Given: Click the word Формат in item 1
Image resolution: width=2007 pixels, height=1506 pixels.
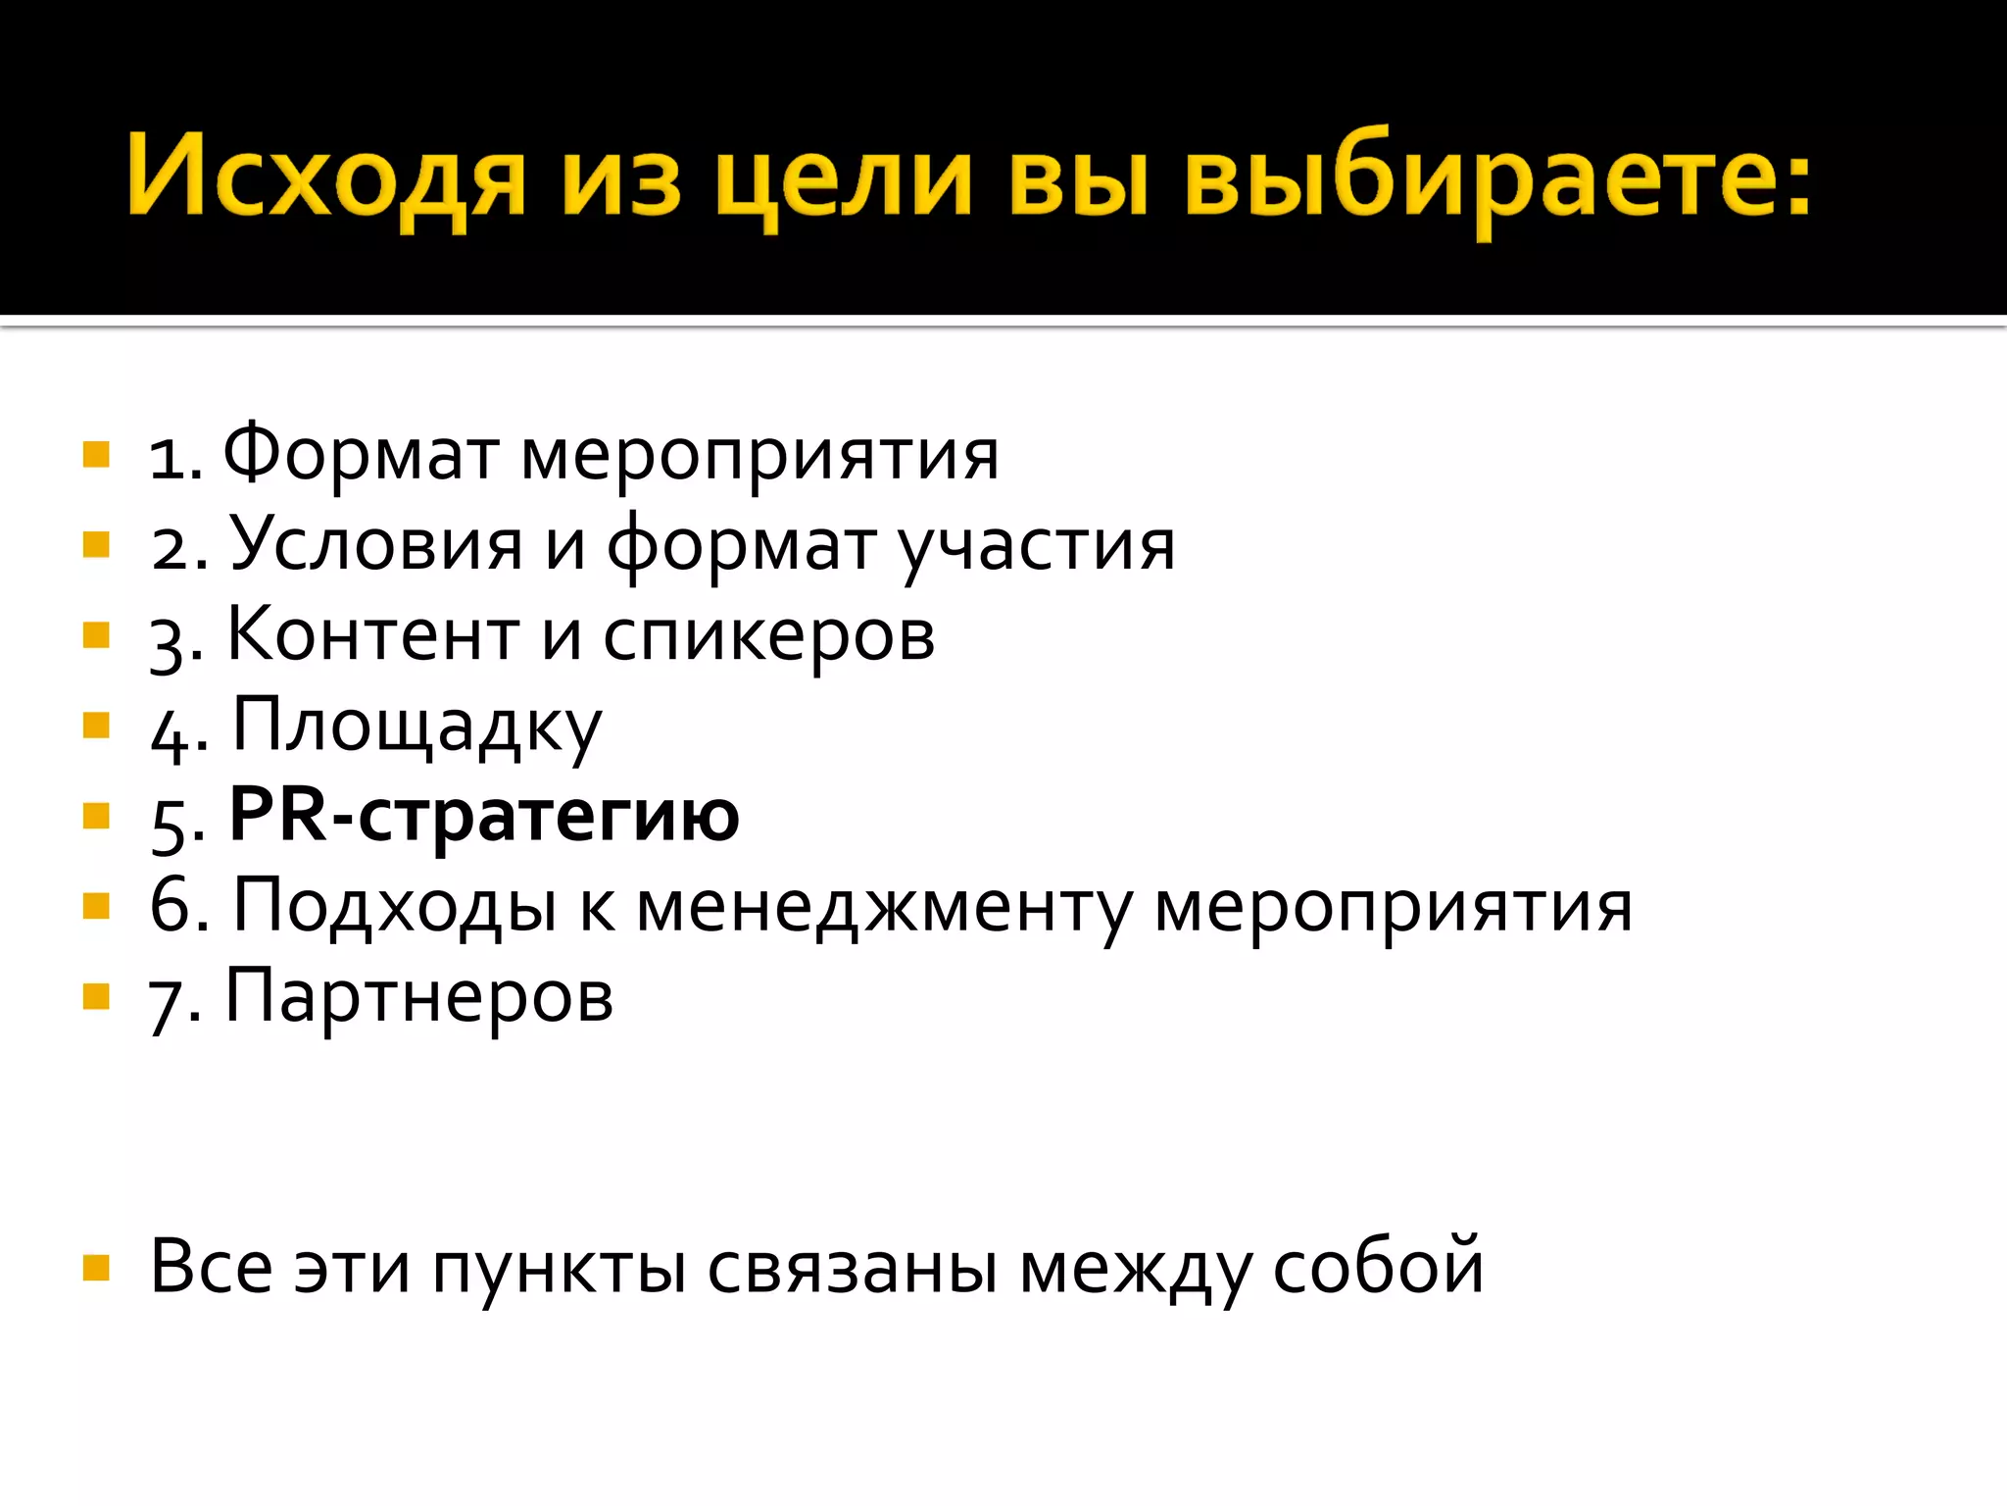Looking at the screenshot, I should pyautogui.click(x=360, y=455).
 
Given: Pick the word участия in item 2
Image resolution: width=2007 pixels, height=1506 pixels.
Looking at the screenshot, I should pyautogui.click(x=1037, y=546).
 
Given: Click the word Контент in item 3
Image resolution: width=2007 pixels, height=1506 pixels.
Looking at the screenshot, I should pyautogui.click(x=373, y=635).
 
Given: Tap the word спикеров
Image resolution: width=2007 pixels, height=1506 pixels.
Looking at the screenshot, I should pyautogui.click(x=769, y=637).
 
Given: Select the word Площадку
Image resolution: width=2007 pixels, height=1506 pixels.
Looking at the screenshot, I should pyautogui.click(x=416, y=727).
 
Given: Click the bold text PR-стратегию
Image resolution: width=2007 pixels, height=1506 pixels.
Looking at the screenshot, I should pyautogui.click(x=484, y=816).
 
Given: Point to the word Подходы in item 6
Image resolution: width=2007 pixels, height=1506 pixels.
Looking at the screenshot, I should pyautogui.click(x=395, y=906).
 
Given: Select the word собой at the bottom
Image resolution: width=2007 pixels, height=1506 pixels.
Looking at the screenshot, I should pyautogui.click(x=1378, y=1267).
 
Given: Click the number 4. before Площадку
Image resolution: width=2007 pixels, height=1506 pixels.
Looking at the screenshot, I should pyautogui.click(x=179, y=731).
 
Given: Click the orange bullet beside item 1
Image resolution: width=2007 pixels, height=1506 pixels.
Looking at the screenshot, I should pyautogui.click(x=96, y=455).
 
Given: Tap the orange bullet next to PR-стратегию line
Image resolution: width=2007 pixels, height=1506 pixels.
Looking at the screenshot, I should pyautogui.click(x=96, y=816).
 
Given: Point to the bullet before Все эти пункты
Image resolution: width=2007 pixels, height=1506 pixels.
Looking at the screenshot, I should pyautogui.click(x=96, y=1268).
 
